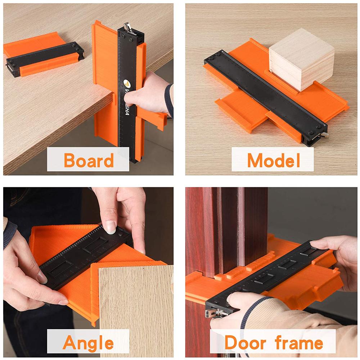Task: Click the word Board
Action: [x=89, y=160]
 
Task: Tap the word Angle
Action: [x=88, y=342]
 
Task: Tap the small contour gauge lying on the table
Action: [x=43, y=56]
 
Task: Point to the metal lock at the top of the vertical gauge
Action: [x=127, y=27]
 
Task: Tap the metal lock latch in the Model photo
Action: [x=324, y=135]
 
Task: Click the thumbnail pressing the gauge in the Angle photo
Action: [x=111, y=227]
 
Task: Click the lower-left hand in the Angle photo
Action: [x=27, y=274]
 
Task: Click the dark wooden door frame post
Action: [x=230, y=230]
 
